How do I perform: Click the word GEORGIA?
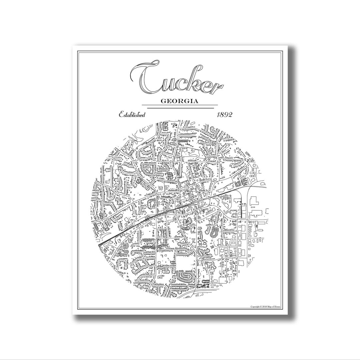(x=180, y=101)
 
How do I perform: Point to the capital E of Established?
(x=122, y=115)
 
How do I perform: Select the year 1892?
(x=225, y=115)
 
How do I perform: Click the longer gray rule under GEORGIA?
(x=180, y=108)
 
